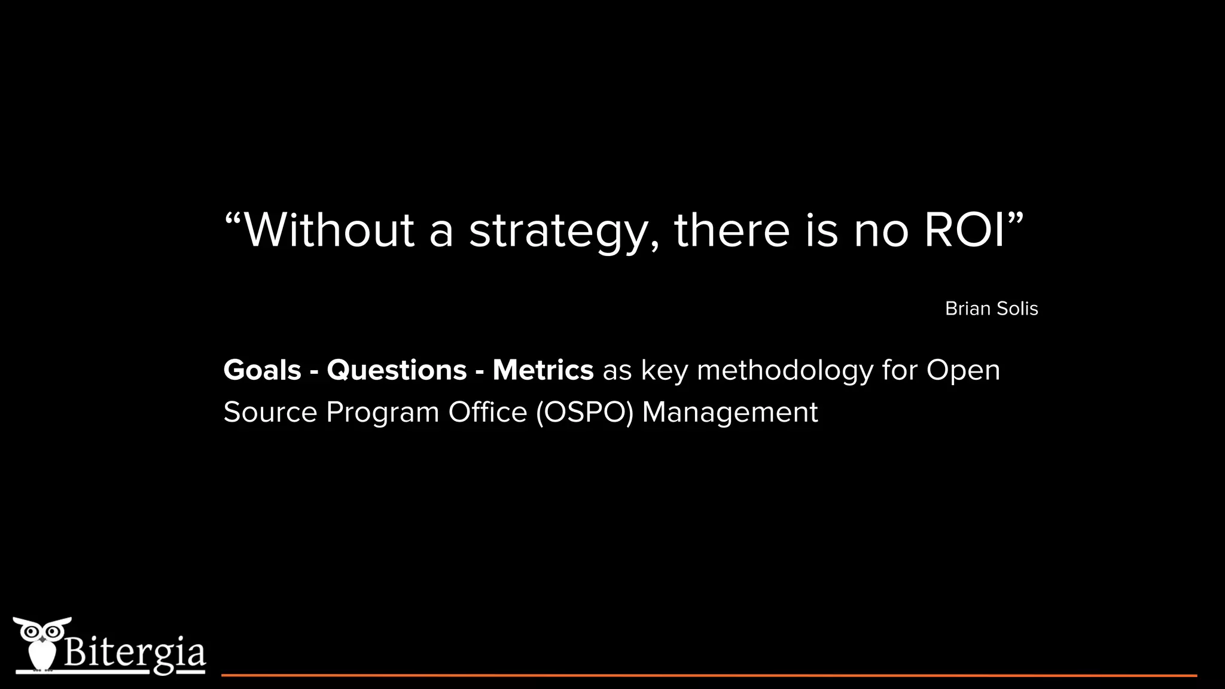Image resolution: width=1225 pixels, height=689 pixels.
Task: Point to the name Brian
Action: click(964, 309)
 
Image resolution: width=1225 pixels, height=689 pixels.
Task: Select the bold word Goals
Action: click(262, 370)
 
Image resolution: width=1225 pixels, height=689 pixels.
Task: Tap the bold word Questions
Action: click(397, 370)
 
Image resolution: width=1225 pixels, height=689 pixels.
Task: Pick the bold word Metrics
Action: click(543, 370)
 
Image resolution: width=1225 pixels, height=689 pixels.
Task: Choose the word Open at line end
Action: click(963, 371)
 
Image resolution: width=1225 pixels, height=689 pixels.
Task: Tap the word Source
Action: click(270, 412)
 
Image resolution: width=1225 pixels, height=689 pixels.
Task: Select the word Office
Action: click(487, 412)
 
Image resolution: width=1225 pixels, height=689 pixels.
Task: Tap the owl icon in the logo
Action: click(41, 643)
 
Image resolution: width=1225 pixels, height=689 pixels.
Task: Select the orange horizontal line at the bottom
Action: click(709, 675)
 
